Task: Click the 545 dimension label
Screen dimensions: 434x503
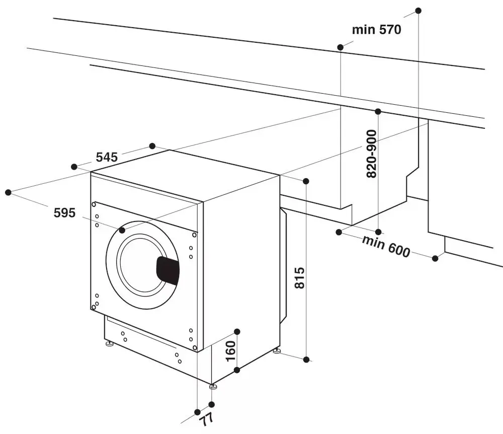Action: click(107, 157)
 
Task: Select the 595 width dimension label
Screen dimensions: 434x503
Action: click(64, 213)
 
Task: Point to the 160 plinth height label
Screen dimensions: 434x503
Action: click(230, 351)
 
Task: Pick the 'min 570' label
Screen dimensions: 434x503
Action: click(376, 30)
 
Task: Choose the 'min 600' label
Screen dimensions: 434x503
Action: click(386, 246)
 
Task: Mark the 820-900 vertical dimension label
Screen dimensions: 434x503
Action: click(371, 153)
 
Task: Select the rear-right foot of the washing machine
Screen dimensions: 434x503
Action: click(276, 350)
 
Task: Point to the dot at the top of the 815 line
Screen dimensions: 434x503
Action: click(306, 181)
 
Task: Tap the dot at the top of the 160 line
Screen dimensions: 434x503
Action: click(237, 331)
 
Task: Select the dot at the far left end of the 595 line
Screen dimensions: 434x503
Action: click(8, 192)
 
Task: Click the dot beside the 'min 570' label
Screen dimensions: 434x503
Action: click(341, 47)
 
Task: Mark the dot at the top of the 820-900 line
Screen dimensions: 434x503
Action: click(378, 111)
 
